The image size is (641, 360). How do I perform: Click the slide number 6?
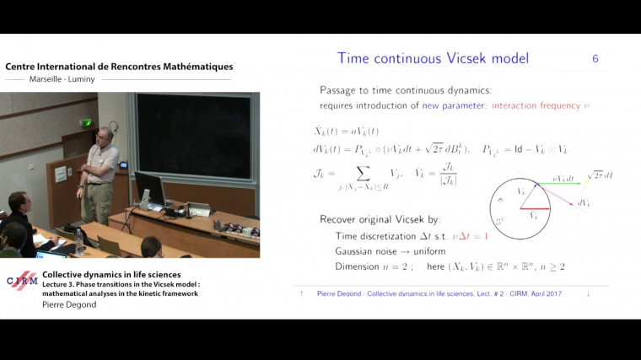pyautogui.click(x=595, y=59)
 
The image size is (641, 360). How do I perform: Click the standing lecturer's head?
pyautogui.click(x=102, y=135)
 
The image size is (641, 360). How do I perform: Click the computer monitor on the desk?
pyautogui.click(x=149, y=189)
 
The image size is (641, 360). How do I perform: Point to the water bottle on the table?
pyautogui.click(x=79, y=241)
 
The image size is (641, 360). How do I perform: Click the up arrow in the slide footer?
pyautogui.click(x=301, y=294)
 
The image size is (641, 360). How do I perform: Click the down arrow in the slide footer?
pyautogui.click(x=588, y=294)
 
